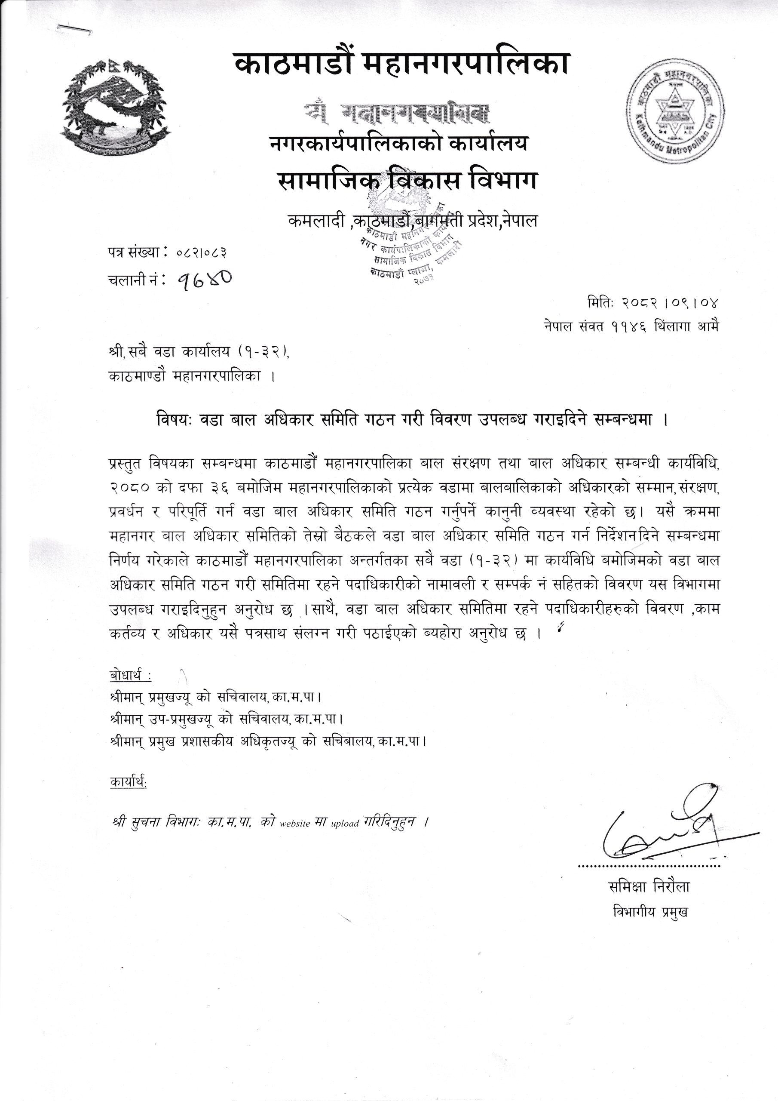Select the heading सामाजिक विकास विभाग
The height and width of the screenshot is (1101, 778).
[x=407, y=181]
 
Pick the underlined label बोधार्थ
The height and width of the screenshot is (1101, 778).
[x=130, y=676]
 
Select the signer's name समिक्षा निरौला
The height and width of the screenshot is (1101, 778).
[x=648, y=887]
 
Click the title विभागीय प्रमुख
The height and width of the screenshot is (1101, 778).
[x=650, y=912]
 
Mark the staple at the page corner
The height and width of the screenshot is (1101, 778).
[x=76, y=29]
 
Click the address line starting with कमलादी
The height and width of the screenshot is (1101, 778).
[x=412, y=221]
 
